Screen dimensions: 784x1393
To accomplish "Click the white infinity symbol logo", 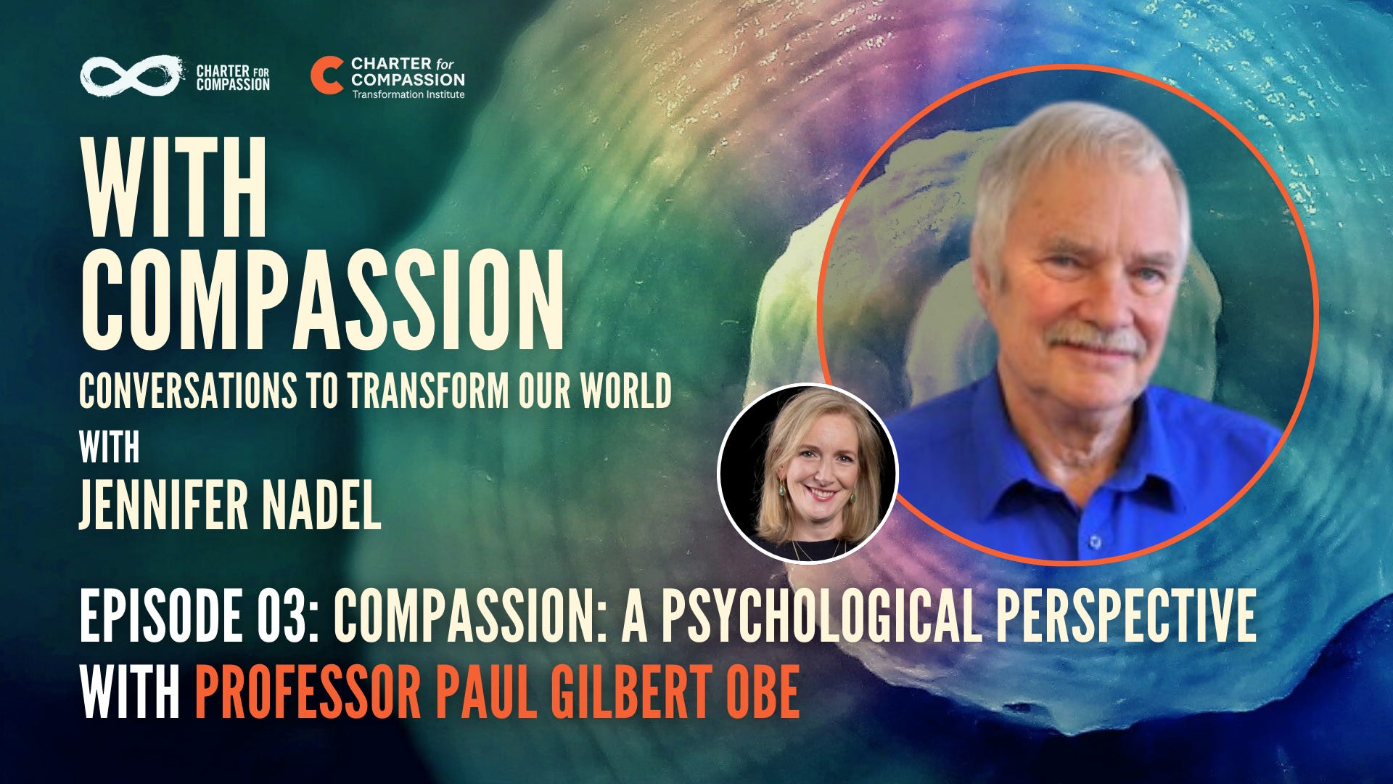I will coord(130,75).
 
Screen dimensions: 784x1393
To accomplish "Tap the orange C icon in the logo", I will coord(326,76).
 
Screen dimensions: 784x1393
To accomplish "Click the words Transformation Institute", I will coord(408,94).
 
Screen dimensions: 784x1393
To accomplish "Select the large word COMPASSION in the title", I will coord(322,301).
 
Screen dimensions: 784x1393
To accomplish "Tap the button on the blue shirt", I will coord(1095,542).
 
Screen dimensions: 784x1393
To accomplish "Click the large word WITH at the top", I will coord(174,189).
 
